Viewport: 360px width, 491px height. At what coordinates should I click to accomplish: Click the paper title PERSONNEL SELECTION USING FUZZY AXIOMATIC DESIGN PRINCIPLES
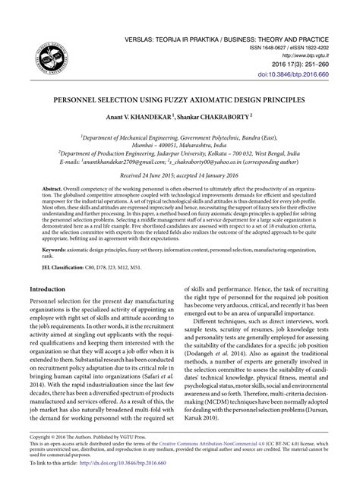click(180, 100)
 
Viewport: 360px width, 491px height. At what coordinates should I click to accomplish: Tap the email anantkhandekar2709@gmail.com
click(128, 162)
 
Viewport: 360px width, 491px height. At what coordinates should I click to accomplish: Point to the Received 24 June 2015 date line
click(180, 175)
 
